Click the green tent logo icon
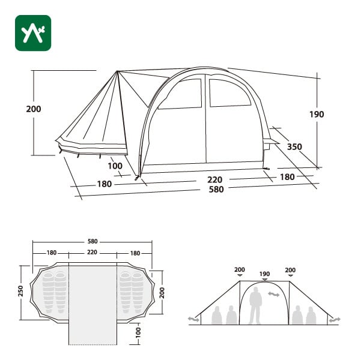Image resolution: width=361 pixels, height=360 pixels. [x=33, y=33]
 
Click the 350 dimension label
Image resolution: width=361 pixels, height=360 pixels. [x=294, y=146]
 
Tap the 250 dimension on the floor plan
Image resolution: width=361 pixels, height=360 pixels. [x=20, y=291]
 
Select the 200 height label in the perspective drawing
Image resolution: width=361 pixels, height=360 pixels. [x=34, y=109]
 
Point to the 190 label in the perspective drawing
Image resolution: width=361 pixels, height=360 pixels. [x=317, y=115]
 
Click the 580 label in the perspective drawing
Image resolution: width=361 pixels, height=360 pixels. [x=216, y=190]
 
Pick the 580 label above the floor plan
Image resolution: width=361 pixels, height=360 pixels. [x=93, y=241]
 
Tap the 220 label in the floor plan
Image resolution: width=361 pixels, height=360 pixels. [x=92, y=253]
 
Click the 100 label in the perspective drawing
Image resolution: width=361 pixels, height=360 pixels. [x=115, y=166]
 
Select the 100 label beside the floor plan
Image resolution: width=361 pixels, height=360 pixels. [x=138, y=332]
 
